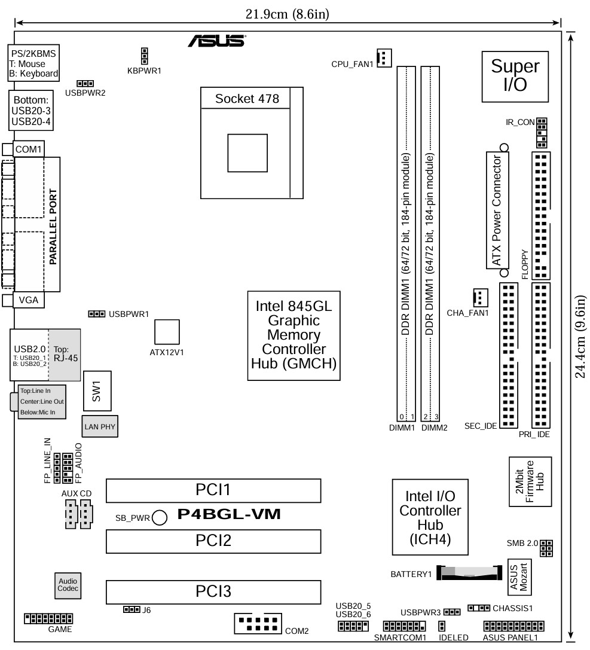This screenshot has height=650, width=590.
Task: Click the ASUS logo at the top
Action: coord(216,41)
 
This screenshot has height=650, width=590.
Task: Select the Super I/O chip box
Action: coord(515,75)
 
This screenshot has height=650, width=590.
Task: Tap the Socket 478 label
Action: coord(247,99)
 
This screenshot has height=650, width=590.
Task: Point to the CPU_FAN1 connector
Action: coord(383,57)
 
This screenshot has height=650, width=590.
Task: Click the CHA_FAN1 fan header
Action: coord(480,297)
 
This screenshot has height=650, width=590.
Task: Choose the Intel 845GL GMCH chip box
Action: coord(294,335)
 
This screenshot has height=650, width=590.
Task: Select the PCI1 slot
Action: coord(213,490)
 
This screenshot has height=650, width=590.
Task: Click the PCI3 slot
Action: coord(213,591)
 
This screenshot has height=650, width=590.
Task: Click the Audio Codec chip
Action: coord(67,585)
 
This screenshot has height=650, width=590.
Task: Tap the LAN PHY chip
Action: coord(100,426)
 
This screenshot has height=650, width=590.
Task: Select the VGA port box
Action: coord(29,300)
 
